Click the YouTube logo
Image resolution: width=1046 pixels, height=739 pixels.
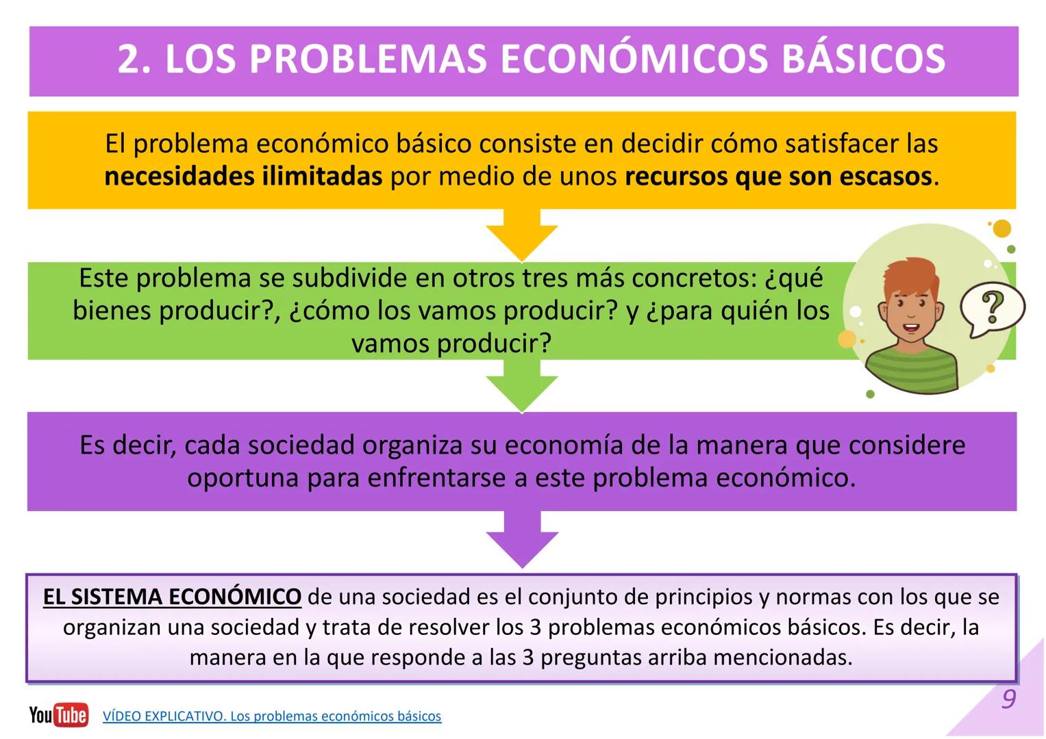coord(59,715)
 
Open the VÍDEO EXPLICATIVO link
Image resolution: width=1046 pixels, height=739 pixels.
coord(272,716)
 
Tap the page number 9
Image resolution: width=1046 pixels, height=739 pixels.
coord(1008,699)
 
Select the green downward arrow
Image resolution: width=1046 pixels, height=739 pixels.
coord(522,387)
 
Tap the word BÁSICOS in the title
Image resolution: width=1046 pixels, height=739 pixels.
coord(863,60)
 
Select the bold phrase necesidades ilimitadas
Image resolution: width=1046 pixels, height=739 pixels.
coord(243,177)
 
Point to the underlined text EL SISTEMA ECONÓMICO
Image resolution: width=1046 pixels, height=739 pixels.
coord(172,597)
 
